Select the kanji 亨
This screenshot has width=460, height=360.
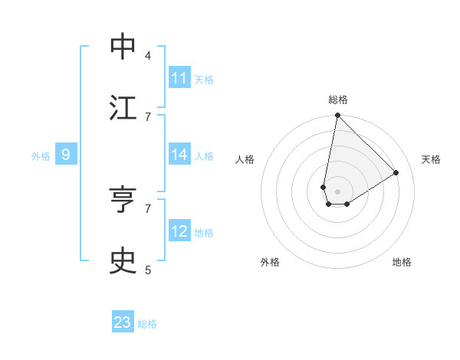point(123,200)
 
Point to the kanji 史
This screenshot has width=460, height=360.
point(123,261)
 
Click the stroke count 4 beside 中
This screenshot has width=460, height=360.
point(148,55)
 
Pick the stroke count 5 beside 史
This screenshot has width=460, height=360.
point(148,270)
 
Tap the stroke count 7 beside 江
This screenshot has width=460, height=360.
point(148,116)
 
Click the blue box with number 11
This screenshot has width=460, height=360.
point(179,78)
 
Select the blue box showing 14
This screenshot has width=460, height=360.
point(179,155)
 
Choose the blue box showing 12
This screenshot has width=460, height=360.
point(179,231)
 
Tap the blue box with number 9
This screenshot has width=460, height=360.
point(66,155)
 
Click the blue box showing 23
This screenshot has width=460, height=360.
point(123,322)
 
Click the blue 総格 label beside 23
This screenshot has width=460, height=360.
point(147,324)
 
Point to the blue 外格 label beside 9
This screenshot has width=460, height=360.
point(41,156)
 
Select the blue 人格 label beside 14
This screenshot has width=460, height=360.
point(204,156)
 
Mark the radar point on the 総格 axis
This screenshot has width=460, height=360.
point(337,116)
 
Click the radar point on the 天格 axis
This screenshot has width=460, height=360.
point(396,173)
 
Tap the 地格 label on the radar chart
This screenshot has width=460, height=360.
point(402,262)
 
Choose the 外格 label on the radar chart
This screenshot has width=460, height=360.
point(270,262)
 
